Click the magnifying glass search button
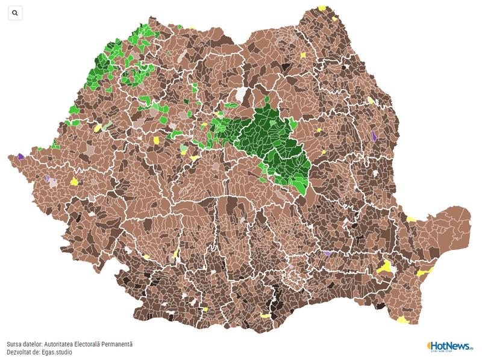(15, 13)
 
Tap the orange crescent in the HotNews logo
(430, 346)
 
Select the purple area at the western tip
(20, 156)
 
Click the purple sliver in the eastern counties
(374, 136)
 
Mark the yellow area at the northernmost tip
(322, 8)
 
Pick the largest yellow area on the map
(384, 267)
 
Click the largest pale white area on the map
(242, 94)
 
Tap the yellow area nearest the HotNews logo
(402, 320)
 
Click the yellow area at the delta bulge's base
(412, 219)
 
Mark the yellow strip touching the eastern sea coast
(425, 272)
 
